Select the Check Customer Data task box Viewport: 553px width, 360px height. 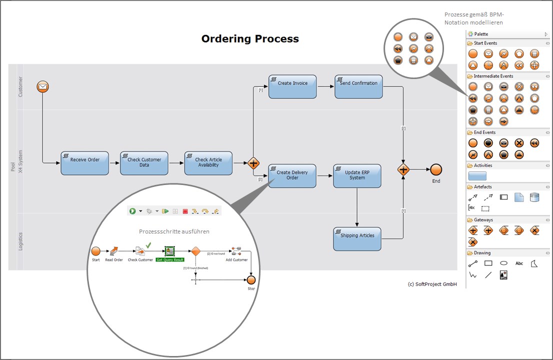pos(144,163)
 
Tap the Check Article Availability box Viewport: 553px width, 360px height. pos(208,163)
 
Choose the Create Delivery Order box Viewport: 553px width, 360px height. pos(292,175)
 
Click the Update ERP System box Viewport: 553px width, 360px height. pos(357,175)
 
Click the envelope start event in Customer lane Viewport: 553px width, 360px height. pos(43,87)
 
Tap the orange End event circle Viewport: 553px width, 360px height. pos(436,169)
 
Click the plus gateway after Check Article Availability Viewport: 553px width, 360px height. pos(253,163)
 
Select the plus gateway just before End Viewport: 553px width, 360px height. pos(403,170)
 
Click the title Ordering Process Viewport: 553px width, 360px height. pos(250,38)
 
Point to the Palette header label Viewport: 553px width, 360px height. pos(481,34)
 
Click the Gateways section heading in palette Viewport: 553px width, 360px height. pos(483,220)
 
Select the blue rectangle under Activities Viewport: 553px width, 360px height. pos(477,176)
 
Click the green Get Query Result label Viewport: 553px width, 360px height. pos(169,259)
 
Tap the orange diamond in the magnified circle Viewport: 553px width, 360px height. pos(195,250)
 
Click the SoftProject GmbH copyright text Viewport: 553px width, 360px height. pos(432,284)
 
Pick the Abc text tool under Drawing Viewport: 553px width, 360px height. pos(519,263)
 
